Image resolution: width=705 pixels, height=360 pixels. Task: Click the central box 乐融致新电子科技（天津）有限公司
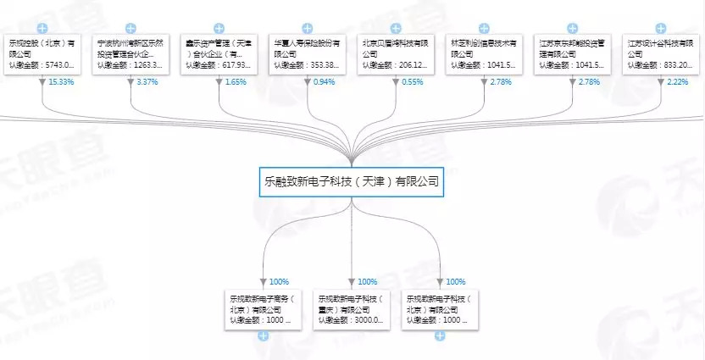(351, 181)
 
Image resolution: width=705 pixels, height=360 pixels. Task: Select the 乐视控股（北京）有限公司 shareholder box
(42, 53)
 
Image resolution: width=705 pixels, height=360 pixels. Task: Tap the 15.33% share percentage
(60, 82)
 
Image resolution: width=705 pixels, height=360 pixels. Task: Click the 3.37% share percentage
(148, 82)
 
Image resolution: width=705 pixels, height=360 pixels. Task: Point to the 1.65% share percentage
(236, 82)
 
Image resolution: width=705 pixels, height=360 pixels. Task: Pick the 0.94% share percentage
(325, 82)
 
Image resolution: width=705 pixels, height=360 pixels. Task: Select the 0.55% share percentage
(414, 82)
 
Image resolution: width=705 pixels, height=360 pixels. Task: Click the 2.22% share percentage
(679, 82)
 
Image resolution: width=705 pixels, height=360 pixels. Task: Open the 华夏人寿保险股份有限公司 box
(307, 53)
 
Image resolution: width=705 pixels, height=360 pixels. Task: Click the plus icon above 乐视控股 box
(42, 28)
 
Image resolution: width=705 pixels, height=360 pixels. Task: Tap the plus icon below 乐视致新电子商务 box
(263, 336)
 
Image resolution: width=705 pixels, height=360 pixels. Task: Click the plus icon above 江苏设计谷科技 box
(660, 28)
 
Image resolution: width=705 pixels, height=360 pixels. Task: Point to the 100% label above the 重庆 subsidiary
(368, 282)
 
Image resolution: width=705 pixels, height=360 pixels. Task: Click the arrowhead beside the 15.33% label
(42, 82)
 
